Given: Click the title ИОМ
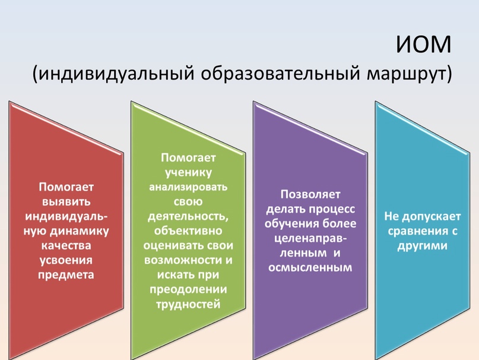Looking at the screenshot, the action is [x=423, y=45].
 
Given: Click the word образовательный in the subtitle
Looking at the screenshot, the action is [x=280, y=74].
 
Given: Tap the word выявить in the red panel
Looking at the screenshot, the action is [x=66, y=202].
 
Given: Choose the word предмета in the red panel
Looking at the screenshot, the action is [x=66, y=275].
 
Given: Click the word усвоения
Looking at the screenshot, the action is [x=66, y=261].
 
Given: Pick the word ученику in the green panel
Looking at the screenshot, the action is [x=188, y=173].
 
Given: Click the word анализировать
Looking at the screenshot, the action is [x=188, y=187].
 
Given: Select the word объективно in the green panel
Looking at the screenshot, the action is [x=188, y=230].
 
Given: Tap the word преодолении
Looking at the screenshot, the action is [x=188, y=290].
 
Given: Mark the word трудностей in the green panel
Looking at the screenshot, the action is [x=188, y=304].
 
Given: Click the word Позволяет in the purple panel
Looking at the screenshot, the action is [x=310, y=194].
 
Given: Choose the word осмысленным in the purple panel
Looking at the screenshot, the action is [x=310, y=268].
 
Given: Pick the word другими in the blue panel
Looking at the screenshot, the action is [x=423, y=246].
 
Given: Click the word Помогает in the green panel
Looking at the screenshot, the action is [x=188, y=157].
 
